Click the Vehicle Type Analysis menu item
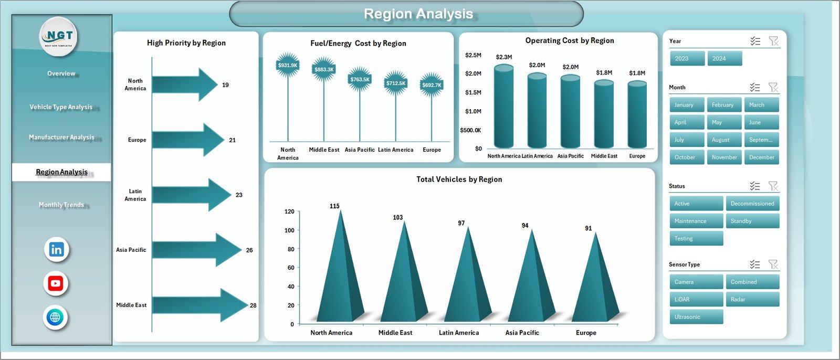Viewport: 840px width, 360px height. pos(61,107)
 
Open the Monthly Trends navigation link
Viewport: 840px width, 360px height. pos(61,205)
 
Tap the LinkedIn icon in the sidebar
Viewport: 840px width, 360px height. pos(56,249)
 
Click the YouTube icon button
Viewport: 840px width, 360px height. pos(56,283)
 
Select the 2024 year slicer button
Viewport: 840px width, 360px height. pos(724,58)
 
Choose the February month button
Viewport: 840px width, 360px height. pos(723,105)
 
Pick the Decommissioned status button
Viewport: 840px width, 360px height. pos(752,204)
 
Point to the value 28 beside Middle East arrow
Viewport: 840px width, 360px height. pos(253,305)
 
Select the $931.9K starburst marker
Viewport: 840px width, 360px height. pos(288,65)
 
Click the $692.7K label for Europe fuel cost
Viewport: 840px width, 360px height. pos(432,85)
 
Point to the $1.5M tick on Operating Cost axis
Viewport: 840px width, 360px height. pos(473,92)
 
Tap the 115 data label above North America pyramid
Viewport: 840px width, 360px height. pos(334,206)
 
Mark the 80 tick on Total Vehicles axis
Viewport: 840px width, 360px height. pos(291,249)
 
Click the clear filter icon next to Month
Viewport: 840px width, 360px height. pos(773,87)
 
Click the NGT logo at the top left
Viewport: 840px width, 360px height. pos(59,36)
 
